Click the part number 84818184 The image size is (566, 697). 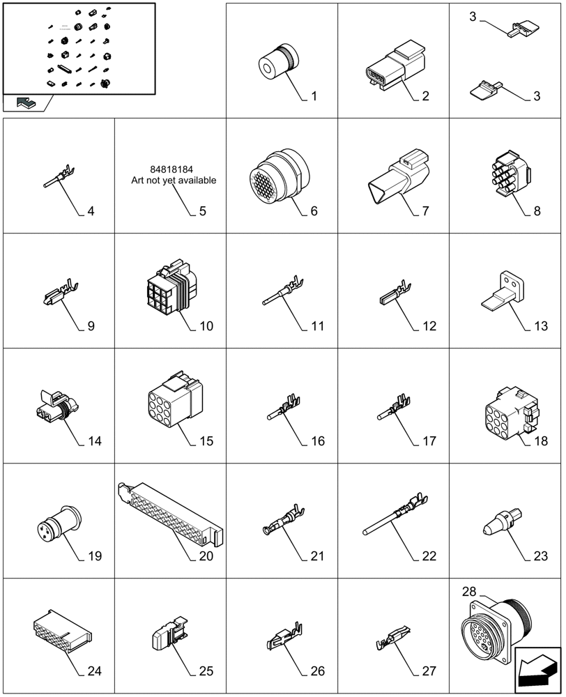click(x=170, y=169)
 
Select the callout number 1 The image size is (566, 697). click(x=314, y=96)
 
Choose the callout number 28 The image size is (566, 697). click(x=468, y=592)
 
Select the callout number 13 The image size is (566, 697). click(x=537, y=326)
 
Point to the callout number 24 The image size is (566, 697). click(x=95, y=671)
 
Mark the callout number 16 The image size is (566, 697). click(x=318, y=441)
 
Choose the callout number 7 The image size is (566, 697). click(x=425, y=210)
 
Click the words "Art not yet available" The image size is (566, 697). click(x=174, y=181)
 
